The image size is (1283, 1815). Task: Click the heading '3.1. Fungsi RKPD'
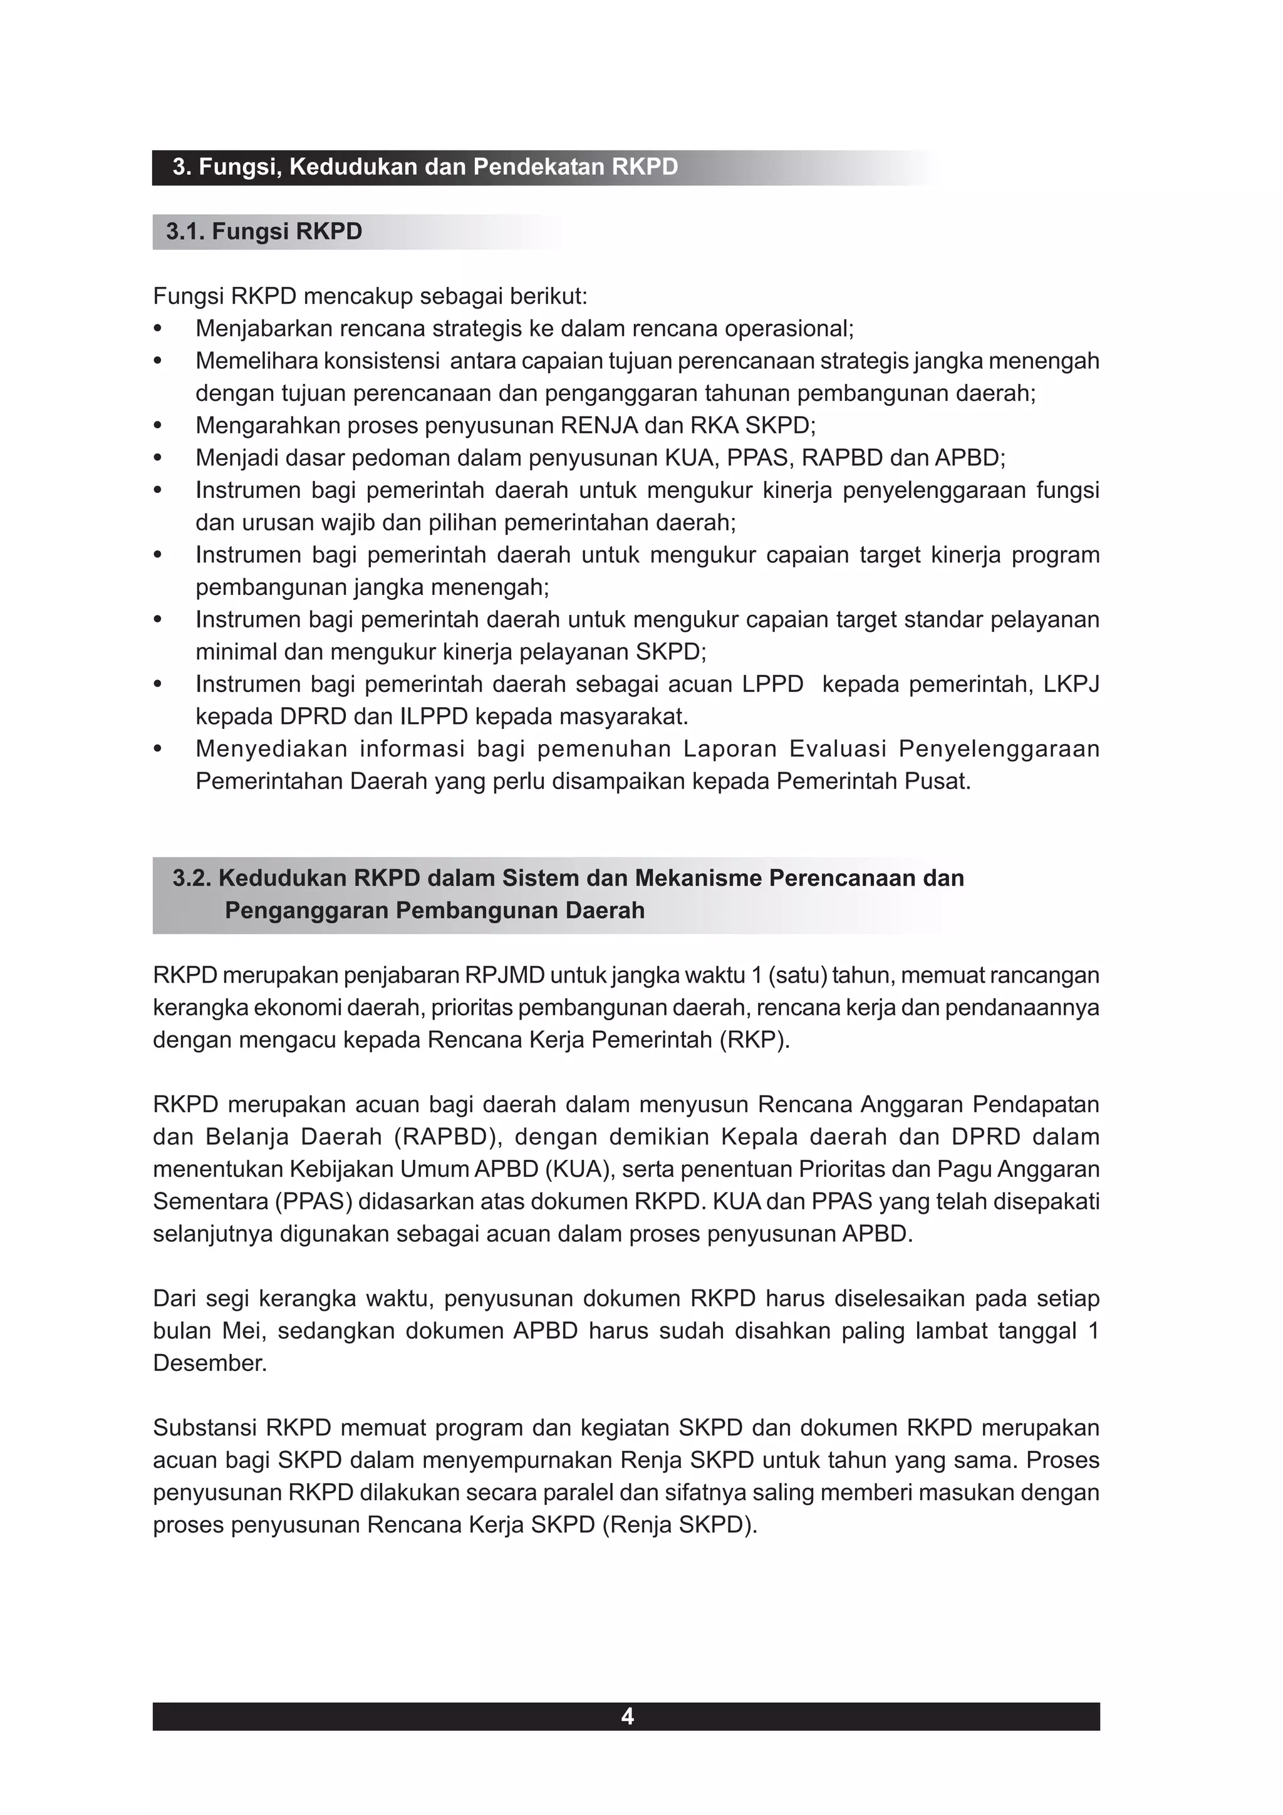(264, 232)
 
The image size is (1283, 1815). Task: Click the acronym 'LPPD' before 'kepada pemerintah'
(772, 684)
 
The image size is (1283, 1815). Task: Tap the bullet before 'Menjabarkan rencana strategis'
(157, 328)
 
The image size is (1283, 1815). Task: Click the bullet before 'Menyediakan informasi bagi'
(157, 748)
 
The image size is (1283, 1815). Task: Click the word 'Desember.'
(209, 1363)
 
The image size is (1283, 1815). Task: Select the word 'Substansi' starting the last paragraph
(204, 1428)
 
